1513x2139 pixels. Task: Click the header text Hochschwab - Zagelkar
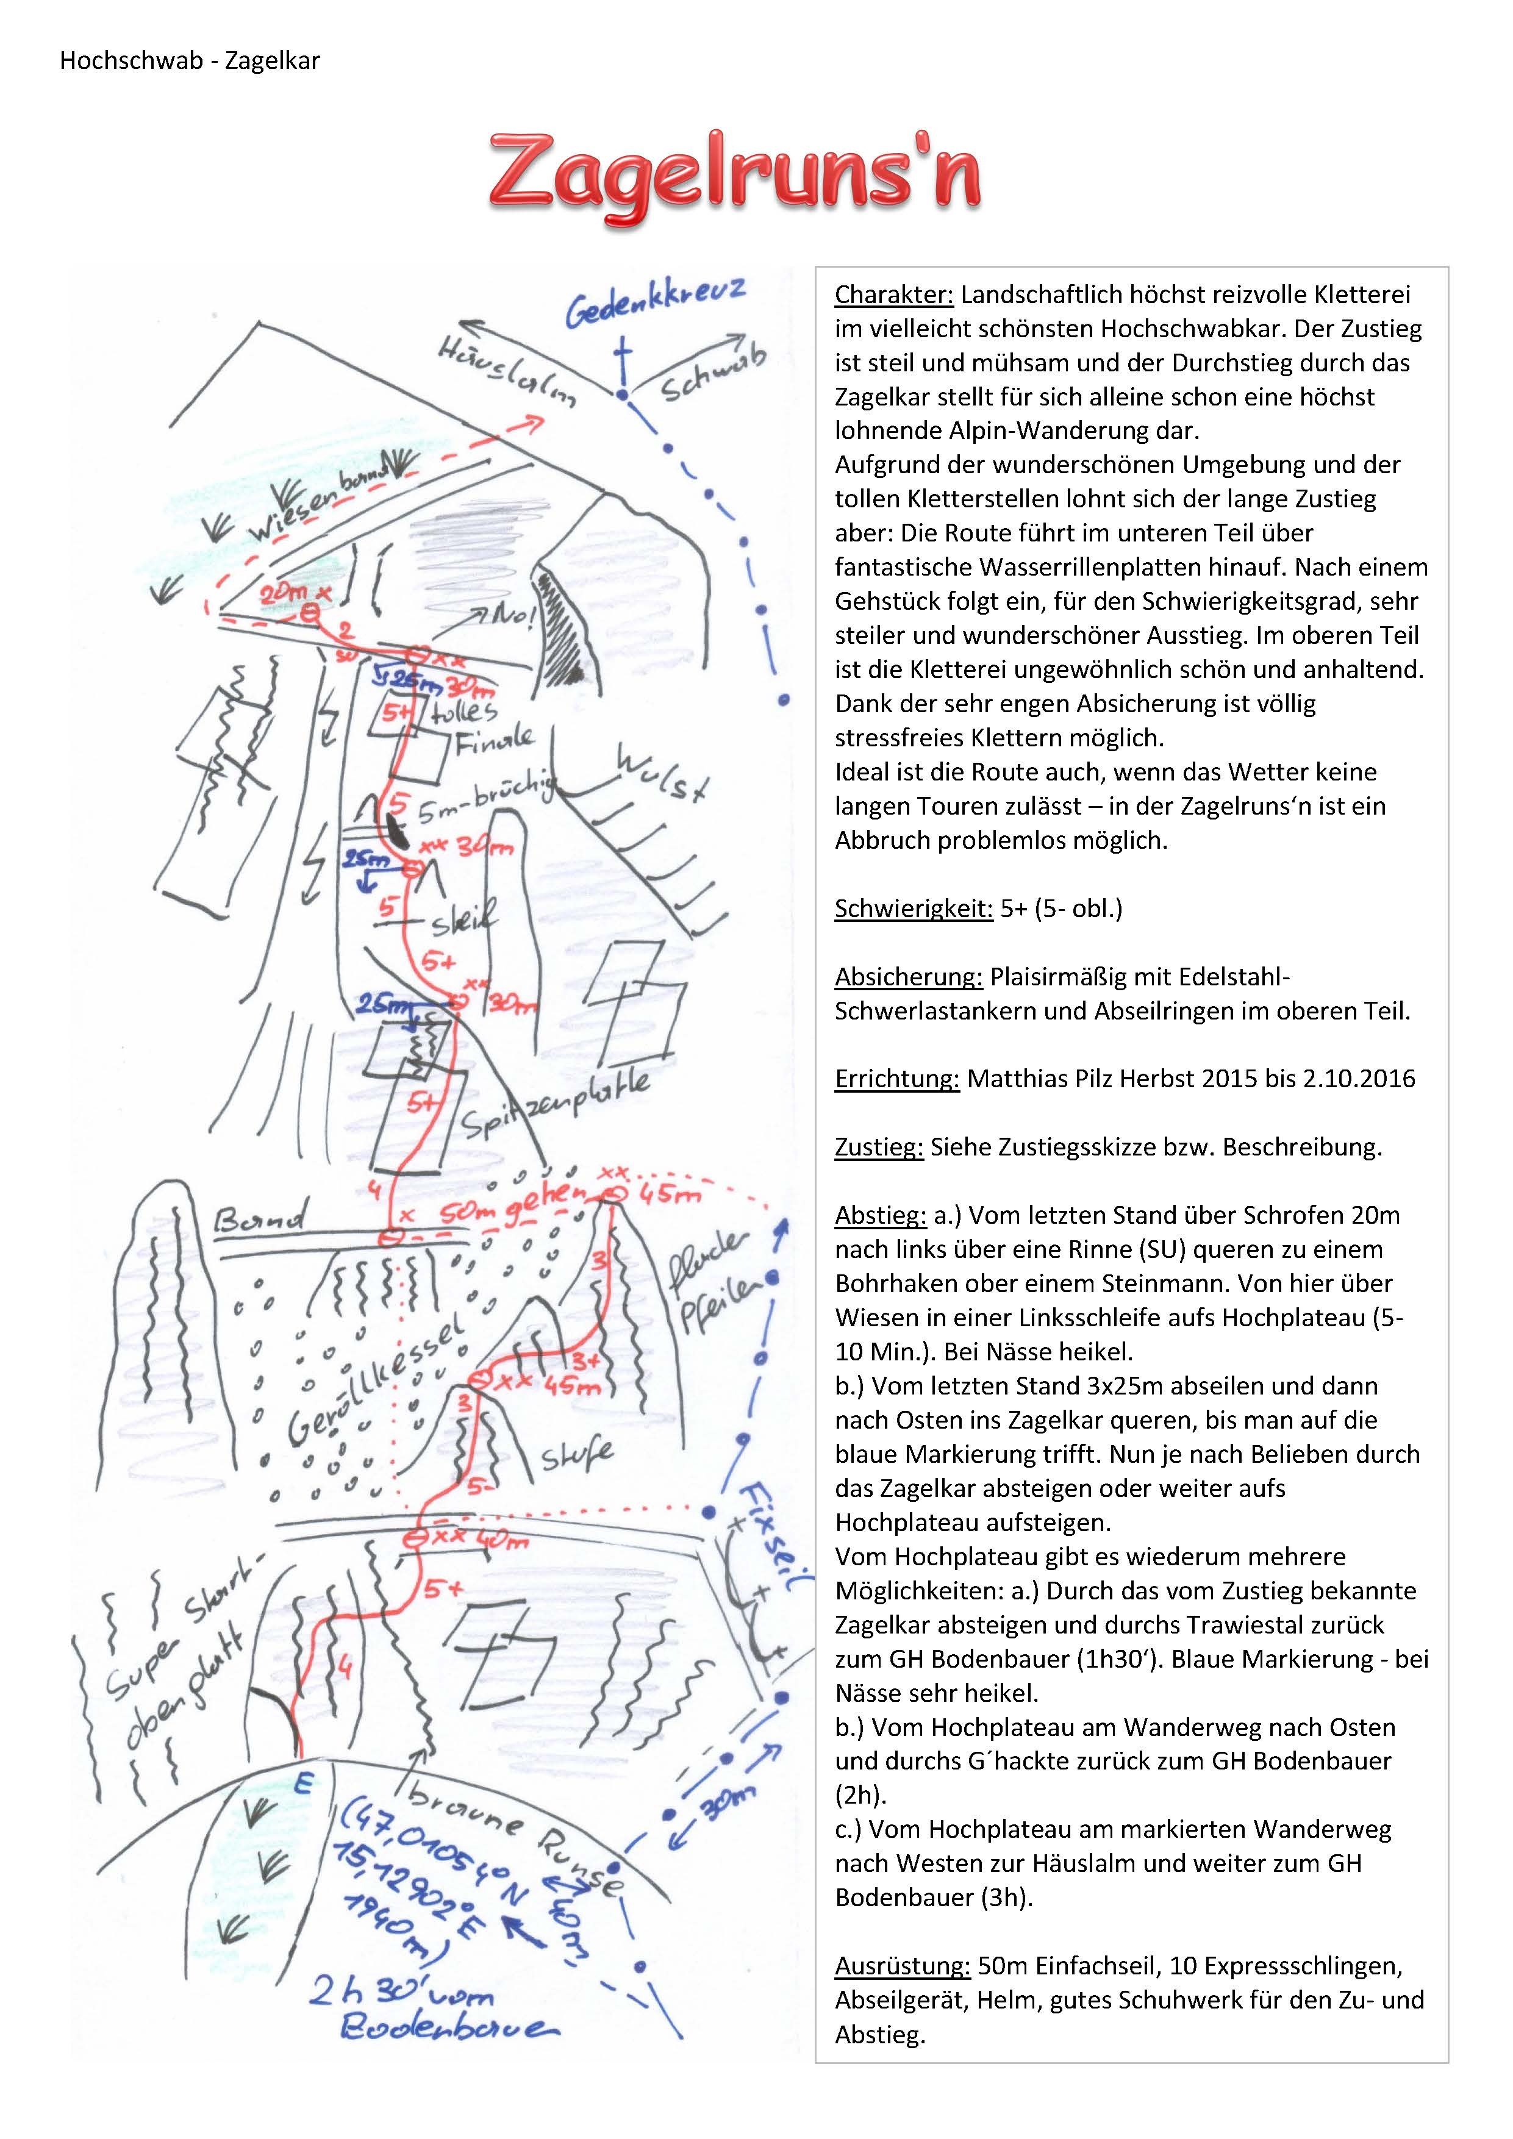pyautogui.click(x=190, y=62)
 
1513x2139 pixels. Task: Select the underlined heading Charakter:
pyautogui.click(x=893, y=295)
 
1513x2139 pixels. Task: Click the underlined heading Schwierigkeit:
pyautogui.click(x=913, y=909)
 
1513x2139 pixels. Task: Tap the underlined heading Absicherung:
pyautogui.click(x=909, y=977)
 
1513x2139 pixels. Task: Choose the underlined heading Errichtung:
pyautogui.click(x=896, y=1079)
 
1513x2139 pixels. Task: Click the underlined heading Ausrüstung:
pyautogui.click(x=902, y=1966)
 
